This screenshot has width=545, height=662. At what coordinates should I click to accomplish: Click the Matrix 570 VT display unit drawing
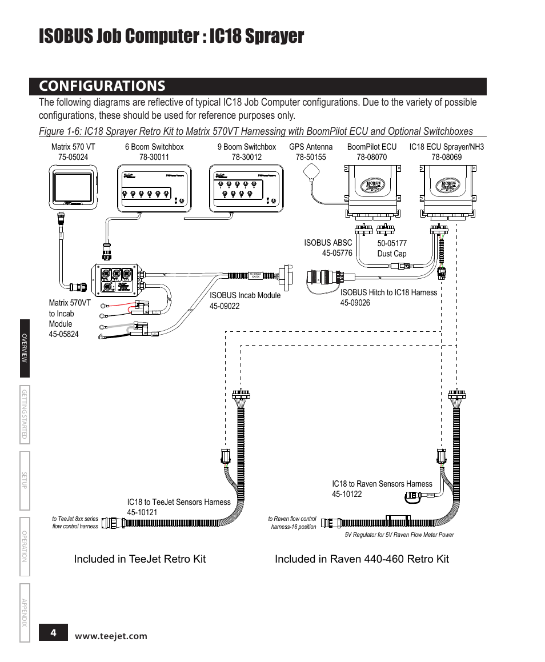[x=73, y=186]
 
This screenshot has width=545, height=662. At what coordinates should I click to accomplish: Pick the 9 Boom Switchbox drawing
[x=246, y=189]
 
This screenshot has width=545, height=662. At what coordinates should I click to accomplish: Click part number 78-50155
[x=311, y=157]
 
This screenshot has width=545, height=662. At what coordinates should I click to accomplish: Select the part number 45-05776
[x=337, y=253]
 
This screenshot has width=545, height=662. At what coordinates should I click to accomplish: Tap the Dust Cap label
[x=391, y=254]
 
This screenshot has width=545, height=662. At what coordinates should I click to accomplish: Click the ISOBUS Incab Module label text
[x=245, y=295]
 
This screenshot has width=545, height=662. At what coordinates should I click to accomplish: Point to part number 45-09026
[x=355, y=303]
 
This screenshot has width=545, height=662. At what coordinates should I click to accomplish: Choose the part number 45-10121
[x=142, y=512]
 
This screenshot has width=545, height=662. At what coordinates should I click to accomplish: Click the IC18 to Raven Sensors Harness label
[x=382, y=484]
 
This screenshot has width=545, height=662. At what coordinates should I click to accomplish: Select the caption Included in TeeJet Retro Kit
[x=139, y=559]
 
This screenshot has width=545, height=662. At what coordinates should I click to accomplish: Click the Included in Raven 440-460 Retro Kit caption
[x=362, y=559]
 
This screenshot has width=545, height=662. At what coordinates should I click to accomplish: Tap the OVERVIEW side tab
[x=25, y=348]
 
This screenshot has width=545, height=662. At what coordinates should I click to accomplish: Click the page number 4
[x=53, y=633]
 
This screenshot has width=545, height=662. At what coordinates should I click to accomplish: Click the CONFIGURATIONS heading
[x=102, y=86]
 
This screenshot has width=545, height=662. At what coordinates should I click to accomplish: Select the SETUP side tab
[x=25, y=480]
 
